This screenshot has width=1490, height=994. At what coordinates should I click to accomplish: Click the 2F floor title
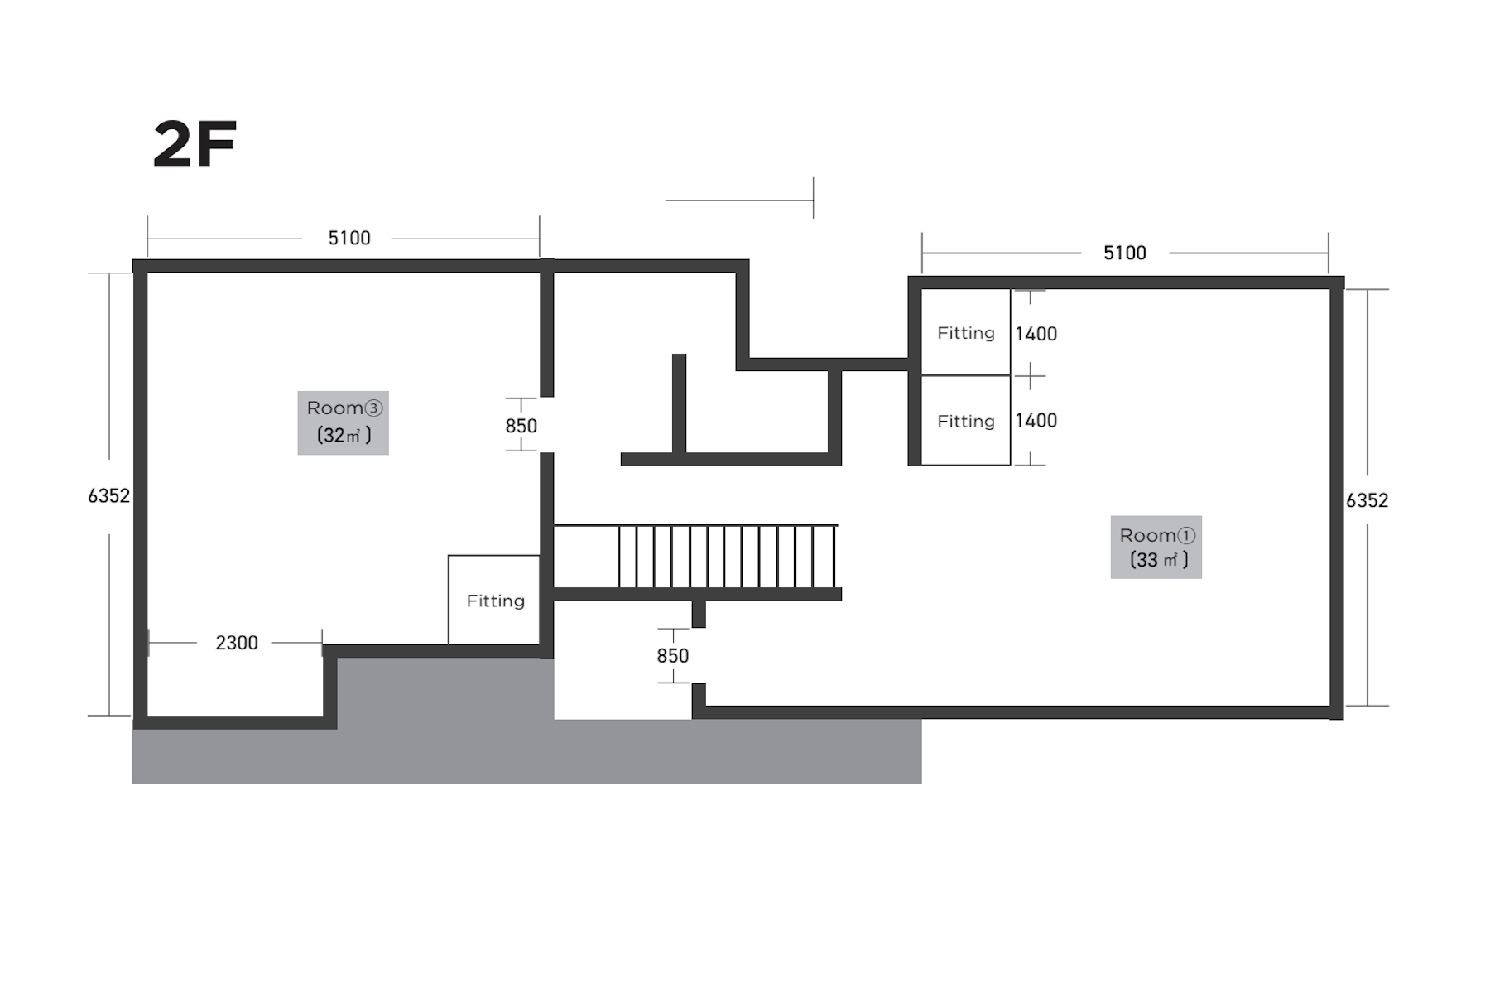pyautogui.click(x=195, y=145)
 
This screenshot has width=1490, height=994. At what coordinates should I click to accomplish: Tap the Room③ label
pyautogui.click(x=344, y=408)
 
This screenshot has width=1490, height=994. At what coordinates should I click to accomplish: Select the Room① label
pyautogui.click(x=1157, y=535)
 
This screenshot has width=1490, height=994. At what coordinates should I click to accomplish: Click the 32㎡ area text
pyautogui.click(x=344, y=435)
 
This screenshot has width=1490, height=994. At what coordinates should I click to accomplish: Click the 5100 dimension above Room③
pyautogui.click(x=348, y=239)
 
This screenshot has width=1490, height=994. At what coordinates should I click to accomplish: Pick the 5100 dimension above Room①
pyautogui.click(x=1124, y=253)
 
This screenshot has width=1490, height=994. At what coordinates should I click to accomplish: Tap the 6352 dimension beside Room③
pyautogui.click(x=109, y=495)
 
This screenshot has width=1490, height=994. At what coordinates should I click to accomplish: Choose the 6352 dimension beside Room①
pyautogui.click(x=1367, y=500)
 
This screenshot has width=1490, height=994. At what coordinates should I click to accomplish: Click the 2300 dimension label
pyautogui.click(x=237, y=643)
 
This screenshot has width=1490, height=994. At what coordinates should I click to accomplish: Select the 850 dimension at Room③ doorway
pyautogui.click(x=521, y=426)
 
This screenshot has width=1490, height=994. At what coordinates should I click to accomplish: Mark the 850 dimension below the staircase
pyautogui.click(x=672, y=656)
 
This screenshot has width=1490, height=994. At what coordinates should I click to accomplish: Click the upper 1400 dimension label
pyautogui.click(x=1036, y=334)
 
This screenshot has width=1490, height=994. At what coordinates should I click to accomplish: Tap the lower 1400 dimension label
pyautogui.click(x=1036, y=421)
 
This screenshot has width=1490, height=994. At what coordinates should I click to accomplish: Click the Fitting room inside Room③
pyautogui.click(x=494, y=600)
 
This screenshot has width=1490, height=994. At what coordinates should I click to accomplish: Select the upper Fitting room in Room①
pyautogui.click(x=965, y=332)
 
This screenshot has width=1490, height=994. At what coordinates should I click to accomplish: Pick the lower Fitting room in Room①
pyautogui.click(x=965, y=421)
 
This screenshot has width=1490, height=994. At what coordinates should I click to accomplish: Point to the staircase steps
pyautogui.click(x=728, y=557)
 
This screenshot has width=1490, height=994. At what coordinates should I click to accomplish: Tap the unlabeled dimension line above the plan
pyautogui.click(x=739, y=200)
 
